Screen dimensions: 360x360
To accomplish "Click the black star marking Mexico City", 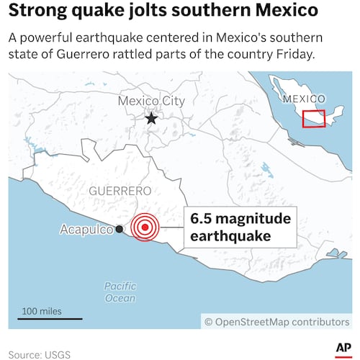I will [151, 118].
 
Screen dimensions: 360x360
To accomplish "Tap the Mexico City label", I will [151, 102].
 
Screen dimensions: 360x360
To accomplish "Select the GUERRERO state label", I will [120, 191].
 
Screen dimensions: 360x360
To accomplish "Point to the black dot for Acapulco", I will [119, 229].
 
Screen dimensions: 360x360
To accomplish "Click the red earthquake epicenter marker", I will [146, 228].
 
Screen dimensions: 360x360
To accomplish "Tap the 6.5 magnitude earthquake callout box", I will [239, 227].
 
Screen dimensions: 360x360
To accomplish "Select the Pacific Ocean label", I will [120, 292].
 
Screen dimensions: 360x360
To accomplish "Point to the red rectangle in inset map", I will [313, 118].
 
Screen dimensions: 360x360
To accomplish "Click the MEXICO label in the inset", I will [305, 98].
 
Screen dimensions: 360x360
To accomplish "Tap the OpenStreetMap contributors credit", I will [276, 322].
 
